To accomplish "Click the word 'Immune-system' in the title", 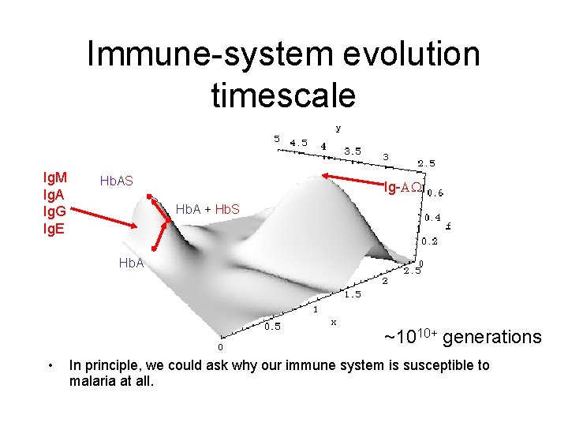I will pyautogui.click(x=197, y=54).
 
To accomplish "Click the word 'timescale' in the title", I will pyautogui.click(x=283, y=94).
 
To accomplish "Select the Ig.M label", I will pyautogui.click(x=54, y=177).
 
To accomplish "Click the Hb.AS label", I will pyautogui.click(x=116, y=181).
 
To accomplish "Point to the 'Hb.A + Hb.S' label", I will pyautogui.click(x=207, y=210).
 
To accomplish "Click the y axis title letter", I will pyautogui.click(x=338, y=127).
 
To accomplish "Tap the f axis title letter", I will pyautogui.click(x=448, y=226).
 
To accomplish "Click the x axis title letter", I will pyautogui.click(x=334, y=322).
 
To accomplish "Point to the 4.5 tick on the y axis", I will pyautogui.click(x=299, y=143).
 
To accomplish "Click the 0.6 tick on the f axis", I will pyautogui.click(x=435, y=192).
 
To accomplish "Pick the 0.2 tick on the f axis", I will pyautogui.click(x=430, y=241).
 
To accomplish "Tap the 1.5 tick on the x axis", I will pyautogui.click(x=352, y=294).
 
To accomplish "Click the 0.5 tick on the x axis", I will pyautogui.click(x=271, y=326).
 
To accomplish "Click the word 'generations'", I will pyautogui.click(x=492, y=338).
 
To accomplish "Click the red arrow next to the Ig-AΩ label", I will pyautogui.click(x=350, y=181).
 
